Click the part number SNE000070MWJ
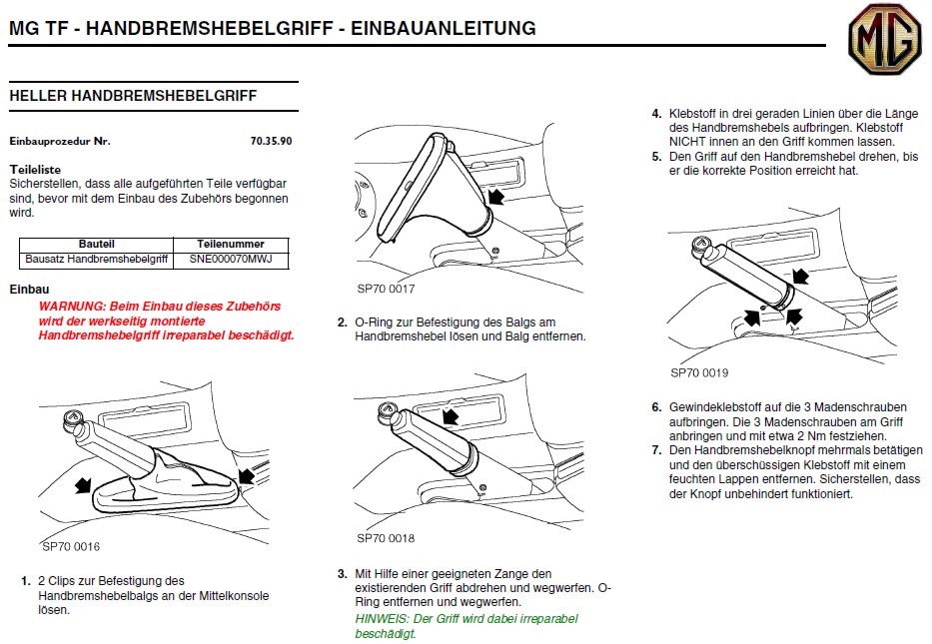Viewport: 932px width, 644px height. click(x=231, y=260)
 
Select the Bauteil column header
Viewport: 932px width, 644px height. click(x=96, y=245)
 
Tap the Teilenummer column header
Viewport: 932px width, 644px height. click(x=231, y=245)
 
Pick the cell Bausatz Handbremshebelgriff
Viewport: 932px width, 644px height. click(x=96, y=260)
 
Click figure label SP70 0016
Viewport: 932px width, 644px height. click(x=71, y=546)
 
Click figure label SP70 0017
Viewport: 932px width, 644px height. click(x=386, y=289)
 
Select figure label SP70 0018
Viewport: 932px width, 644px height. click(x=386, y=537)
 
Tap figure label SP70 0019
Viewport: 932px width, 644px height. click(x=699, y=373)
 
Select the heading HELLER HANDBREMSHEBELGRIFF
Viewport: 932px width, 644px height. click(x=133, y=96)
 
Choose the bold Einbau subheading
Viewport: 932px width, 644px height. click(x=29, y=289)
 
